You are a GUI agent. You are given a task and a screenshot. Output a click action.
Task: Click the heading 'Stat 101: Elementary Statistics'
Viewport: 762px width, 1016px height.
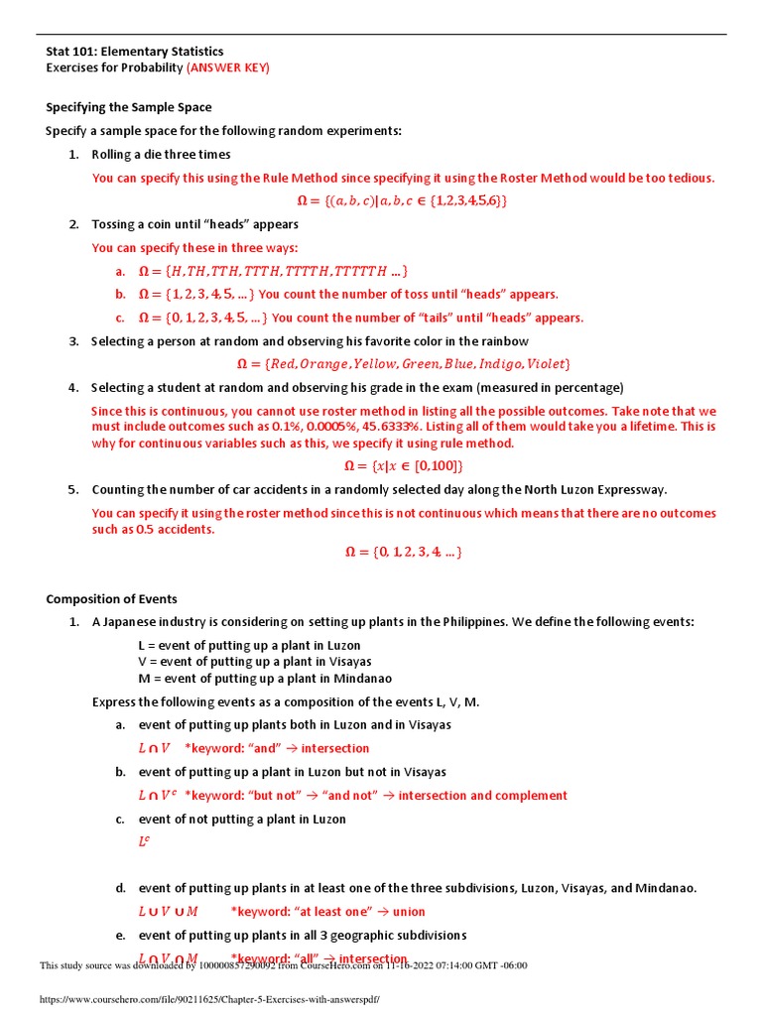click(135, 52)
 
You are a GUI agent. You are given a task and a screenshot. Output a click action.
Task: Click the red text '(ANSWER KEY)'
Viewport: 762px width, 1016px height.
click(228, 67)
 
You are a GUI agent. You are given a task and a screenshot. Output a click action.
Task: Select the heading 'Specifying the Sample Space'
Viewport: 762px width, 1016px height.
click(129, 107)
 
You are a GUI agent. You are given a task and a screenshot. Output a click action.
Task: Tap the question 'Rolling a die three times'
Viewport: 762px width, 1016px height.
click(161, 155)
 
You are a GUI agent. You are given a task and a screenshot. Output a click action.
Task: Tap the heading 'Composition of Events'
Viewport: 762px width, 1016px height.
click(112, 598)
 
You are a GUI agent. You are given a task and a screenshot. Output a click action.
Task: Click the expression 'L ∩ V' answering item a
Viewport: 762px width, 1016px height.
click(154, 749)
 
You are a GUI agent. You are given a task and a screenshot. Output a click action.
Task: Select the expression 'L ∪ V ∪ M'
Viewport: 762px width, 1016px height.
click(168, 912)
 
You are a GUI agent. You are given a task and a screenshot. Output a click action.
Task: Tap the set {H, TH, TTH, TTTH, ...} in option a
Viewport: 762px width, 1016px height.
click(273, 271)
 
